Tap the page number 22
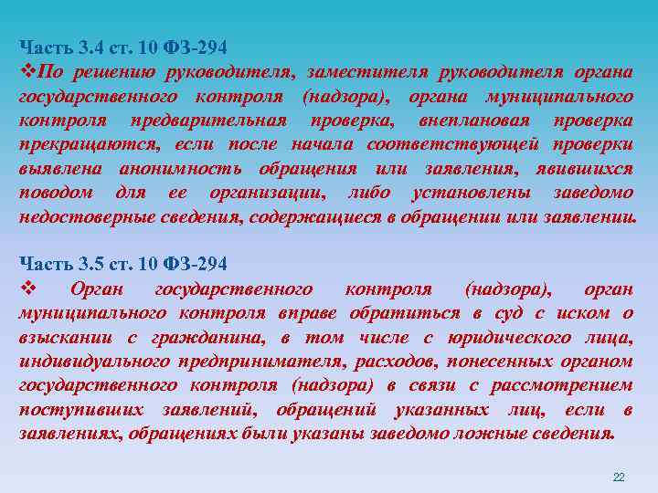click(618, 477)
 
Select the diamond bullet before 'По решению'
click(25, 72)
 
